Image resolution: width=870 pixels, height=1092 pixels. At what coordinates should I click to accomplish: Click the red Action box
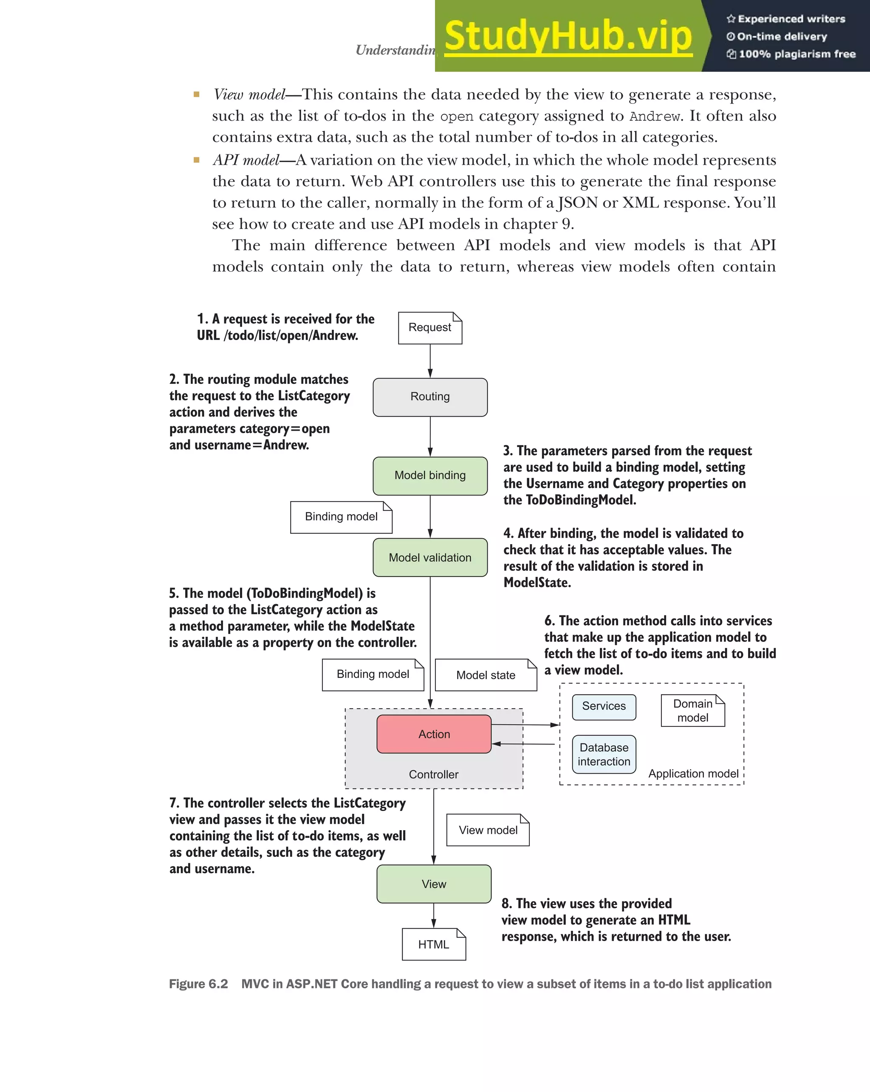pyautogui.click(x=434, y=734)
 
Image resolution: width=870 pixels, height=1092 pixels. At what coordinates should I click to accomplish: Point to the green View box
pyautogui.click(x=434, y=884)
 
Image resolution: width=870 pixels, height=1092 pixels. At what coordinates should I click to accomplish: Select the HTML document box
pyautogui.click(x=434, y=945)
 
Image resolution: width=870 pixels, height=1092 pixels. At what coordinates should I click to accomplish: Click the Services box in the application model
pyautogui.click(x=604, y=706)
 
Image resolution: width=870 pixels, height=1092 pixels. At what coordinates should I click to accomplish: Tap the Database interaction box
pyautogui.click(x=604, y=754)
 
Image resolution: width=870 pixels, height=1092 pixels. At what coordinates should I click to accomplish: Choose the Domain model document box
pyautogui.click(x=693, y=711)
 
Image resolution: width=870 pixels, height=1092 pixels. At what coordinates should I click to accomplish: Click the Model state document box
pyautogui.click(x=486, y=675)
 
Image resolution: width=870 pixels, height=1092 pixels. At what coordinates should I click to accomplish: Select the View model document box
pyautogui.click(x=488, y=830)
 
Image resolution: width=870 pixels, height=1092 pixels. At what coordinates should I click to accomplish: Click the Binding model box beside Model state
pyautogui.click(x=373, y=674)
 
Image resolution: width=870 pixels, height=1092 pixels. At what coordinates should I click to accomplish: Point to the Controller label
pyautogui.click(x=434, y=774)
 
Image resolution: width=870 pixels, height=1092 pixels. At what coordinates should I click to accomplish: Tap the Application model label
pyautogui.click(x=693, y=774)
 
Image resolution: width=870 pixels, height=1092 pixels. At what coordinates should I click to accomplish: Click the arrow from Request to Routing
pyautogui.click(x=430, y=360)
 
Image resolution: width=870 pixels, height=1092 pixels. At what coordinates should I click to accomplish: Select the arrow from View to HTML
pyautogui.click(x=434, y=915)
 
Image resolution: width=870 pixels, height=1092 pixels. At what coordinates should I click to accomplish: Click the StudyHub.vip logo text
pyautogui.click(x=568, y=37)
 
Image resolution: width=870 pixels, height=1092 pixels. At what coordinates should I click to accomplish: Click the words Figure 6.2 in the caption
pyautogui.click(x=198, y=984)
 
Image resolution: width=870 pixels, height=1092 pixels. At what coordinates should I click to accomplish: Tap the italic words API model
pyautogui.click(x=246, y=160)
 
